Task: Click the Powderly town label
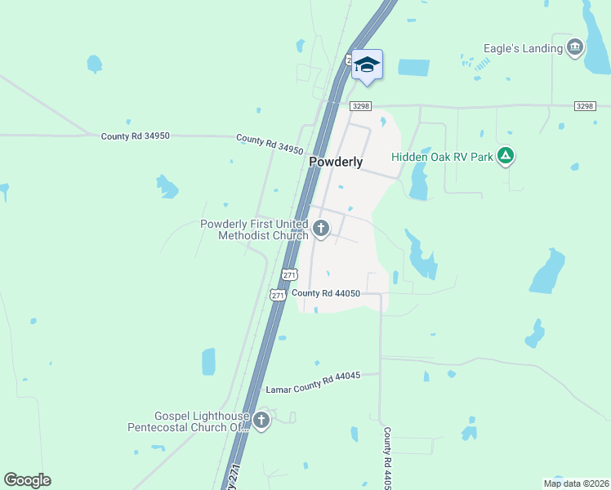pos(336,163)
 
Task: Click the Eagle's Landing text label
pos(523,48)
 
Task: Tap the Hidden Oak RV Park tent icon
pos(506,155)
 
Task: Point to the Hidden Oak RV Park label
pos(442,157)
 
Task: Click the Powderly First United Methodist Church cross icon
pos(321,229)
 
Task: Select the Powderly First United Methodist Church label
pos(254,229)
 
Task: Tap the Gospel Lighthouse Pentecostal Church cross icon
pos(261,421)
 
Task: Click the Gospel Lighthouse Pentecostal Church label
pos(188,421)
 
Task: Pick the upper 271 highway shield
pos(289,274)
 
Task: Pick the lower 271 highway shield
pos(278,294)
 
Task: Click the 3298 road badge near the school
pos(361,106)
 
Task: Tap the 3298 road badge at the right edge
pos(585,106)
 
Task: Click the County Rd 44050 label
pos(326,293)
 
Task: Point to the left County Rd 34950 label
pos(136,136)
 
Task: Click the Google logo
pos(27,480)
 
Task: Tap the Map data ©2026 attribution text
pos(575,483)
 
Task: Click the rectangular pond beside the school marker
pos(413,69)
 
